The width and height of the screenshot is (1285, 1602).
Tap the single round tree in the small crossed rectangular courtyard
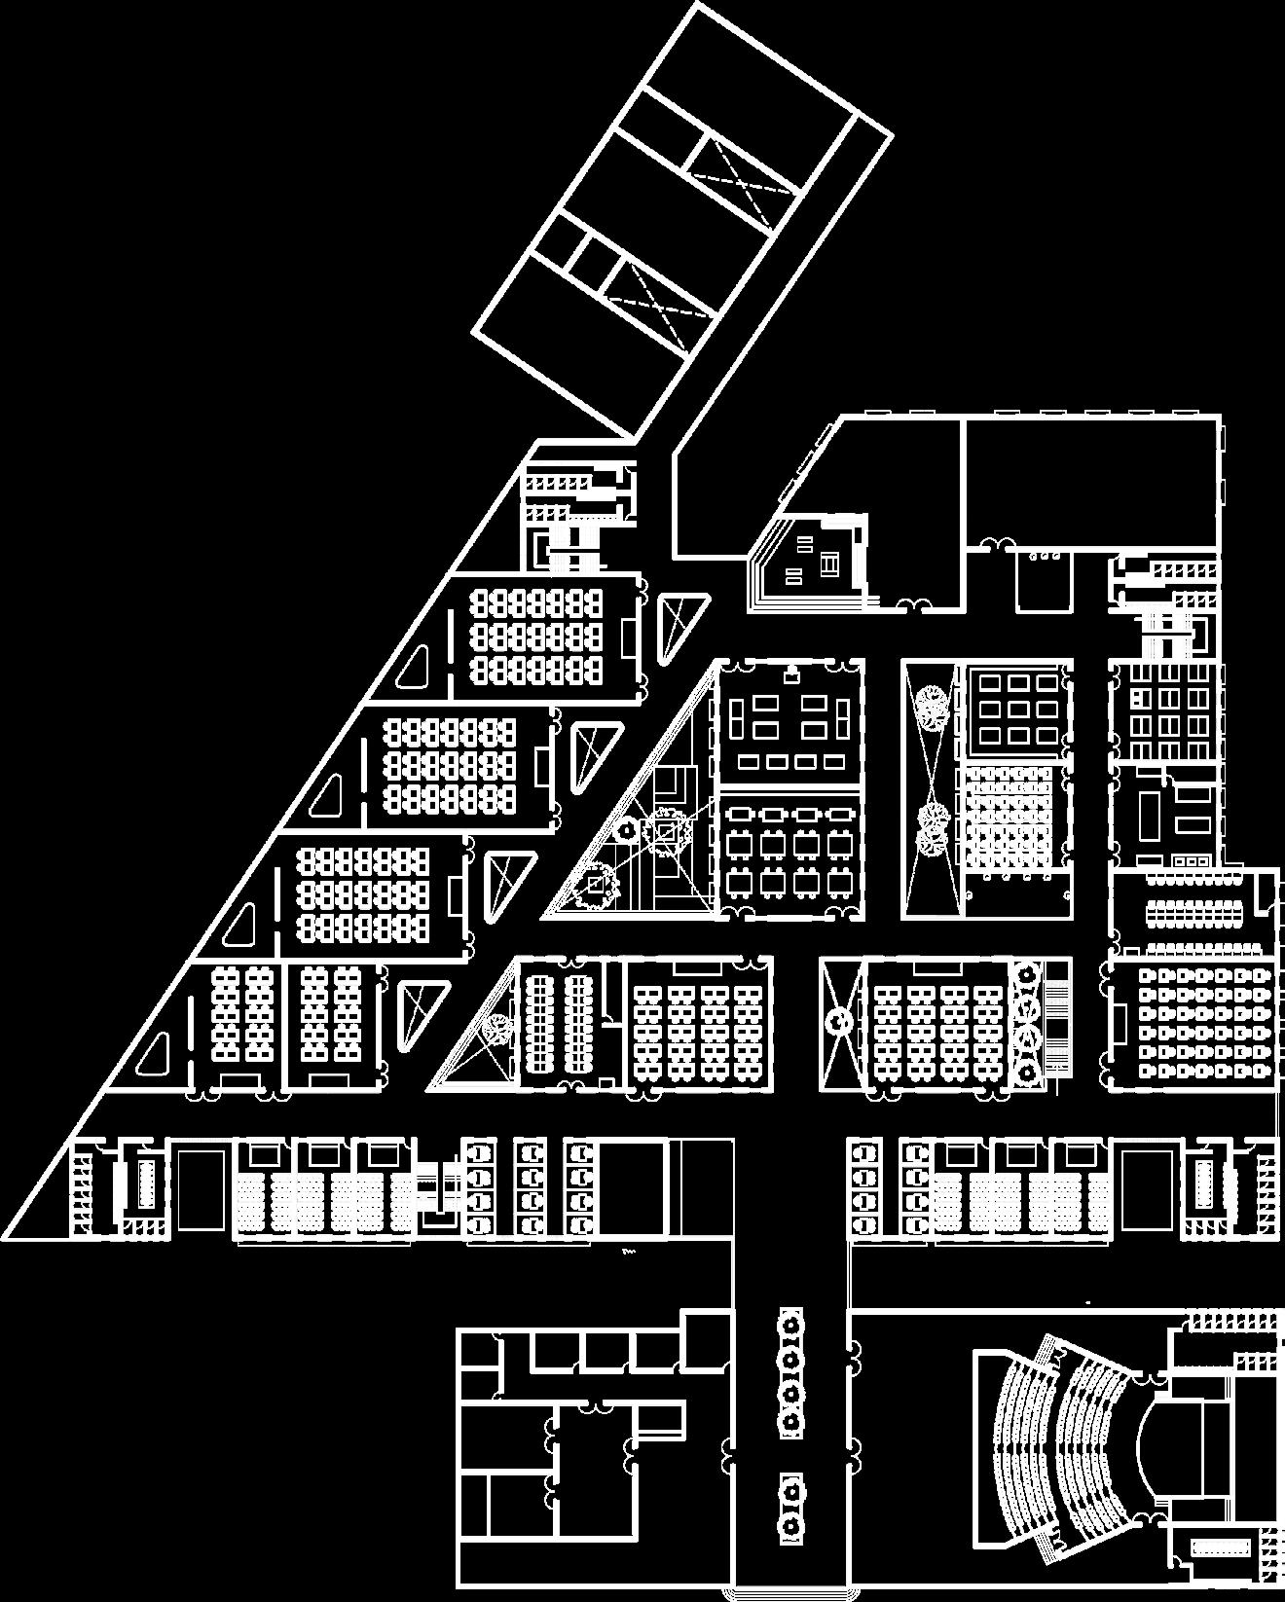point(838,1021)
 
